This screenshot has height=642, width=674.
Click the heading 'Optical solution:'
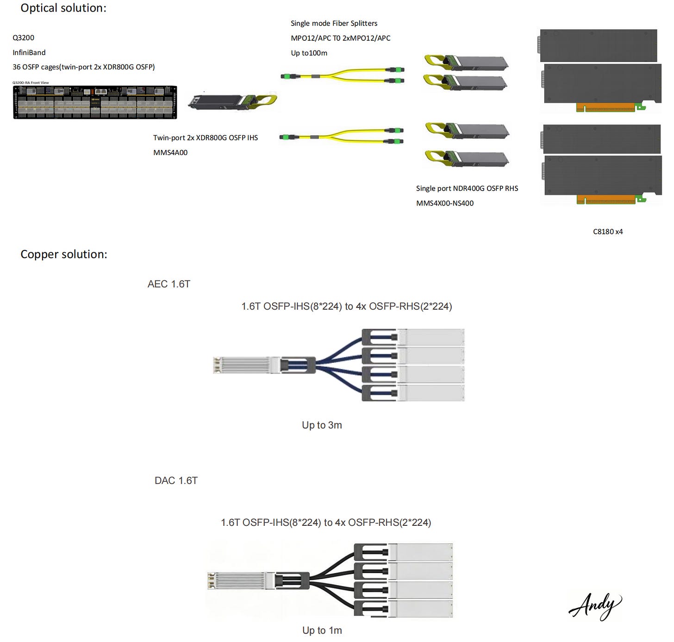tap(63, 8)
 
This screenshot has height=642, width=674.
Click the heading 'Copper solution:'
tap(64, 254)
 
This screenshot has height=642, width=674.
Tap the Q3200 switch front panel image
tap(95, 102)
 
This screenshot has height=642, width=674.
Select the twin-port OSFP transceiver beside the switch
tap(231, 102)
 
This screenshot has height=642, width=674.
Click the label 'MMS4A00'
tap(170, 153)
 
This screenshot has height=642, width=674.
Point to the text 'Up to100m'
tap(309, 53)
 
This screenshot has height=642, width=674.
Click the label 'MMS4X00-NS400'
tap(444, 203)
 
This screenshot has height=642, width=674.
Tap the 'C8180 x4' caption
tap(608, 231)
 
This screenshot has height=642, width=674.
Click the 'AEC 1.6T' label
tap(168, 284)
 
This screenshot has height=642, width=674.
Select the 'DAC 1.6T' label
tap(176, 480)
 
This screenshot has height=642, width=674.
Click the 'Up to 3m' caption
tap(322, 425)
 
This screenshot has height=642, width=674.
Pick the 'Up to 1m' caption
tap(322, 630)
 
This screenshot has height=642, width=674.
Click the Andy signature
tap(595, 605)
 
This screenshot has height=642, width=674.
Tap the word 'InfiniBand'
tap(29, 53)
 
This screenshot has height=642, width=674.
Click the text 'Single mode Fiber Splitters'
tap(334, 23)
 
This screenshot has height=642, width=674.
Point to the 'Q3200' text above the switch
tap(23, 38)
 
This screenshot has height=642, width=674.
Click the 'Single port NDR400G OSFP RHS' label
tap(467, 188)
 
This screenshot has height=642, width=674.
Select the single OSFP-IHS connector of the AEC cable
tap(245, 365)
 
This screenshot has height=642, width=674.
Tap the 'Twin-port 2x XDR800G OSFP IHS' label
tap(206, 138)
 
